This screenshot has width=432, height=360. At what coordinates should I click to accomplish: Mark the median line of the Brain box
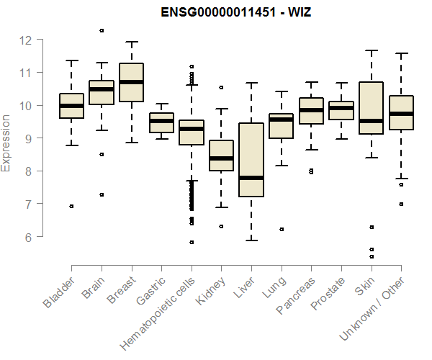pyautogui.click(x=102, y=89)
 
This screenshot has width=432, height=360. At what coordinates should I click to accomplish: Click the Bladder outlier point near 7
pyautogui.click(x=71, y=206)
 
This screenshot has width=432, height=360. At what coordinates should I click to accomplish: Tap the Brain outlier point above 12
pyautogui.click(x=102, y=30)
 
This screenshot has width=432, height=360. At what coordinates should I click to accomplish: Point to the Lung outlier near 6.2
pyautogui.click(x=281, y=229)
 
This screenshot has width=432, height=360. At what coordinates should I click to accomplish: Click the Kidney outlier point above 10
pyautogui.click(x=221, y=87)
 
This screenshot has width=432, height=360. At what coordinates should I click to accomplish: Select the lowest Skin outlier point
pyautogui.click(x=371, y=256)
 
